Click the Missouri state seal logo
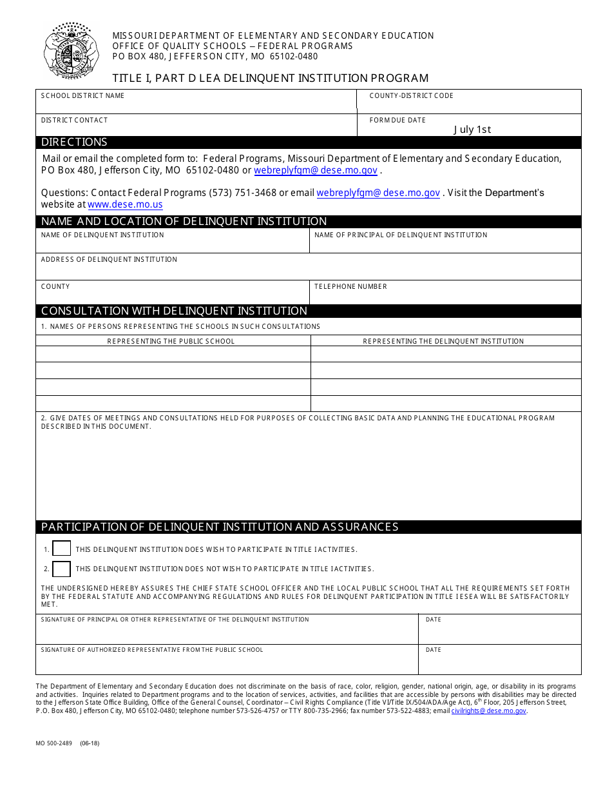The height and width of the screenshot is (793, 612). (x=71, y=52)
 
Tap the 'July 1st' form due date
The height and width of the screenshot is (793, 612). (x=472, y=129)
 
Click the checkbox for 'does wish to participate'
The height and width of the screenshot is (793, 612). (x=61, y=549)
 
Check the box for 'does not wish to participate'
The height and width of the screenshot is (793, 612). (x=61, y=569)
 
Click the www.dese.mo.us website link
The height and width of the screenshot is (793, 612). (x=125, y=204)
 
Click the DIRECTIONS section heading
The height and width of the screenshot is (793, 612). (x=74, y=142)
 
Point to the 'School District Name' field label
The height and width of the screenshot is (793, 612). (x=82, y=96)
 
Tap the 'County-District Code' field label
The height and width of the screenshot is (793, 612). (x=411, y=96)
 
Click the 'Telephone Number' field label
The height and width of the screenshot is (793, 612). (x=350, y=286)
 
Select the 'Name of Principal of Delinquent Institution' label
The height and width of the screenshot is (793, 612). (x=401, y=235)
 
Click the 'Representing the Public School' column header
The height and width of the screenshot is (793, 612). (x=171, y=341)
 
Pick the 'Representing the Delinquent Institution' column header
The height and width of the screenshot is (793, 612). (x=443, y=341)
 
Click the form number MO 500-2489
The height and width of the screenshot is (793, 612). (x=54, y=743)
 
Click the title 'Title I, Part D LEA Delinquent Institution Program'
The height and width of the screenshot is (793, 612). (x=271, y=78)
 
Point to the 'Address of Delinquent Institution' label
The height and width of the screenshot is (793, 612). (x=109, y=259)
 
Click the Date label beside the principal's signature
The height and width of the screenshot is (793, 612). (x=434, y=620)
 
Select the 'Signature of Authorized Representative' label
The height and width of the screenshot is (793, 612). (x=152, y=650)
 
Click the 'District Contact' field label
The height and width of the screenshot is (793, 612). (x=74, y=120)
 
